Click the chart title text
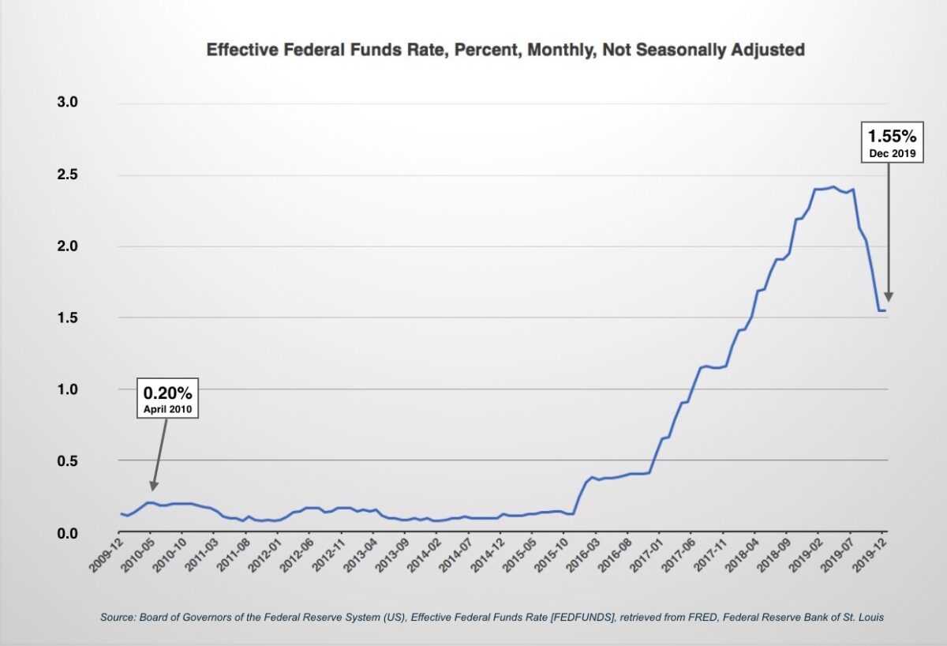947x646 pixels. click(505, 50)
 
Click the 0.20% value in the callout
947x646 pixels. click(167, 392)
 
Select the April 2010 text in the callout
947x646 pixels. click(167, 409)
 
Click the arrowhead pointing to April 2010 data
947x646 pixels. click(154, 485)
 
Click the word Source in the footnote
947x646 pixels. click(118, 617)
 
